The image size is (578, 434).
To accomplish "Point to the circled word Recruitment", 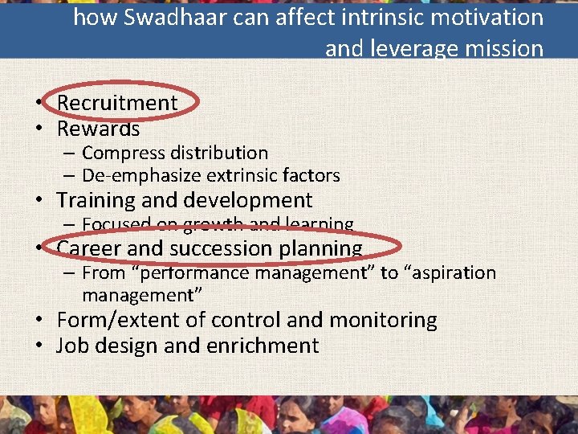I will pos(117,103).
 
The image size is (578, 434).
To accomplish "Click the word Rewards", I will pos(98,129).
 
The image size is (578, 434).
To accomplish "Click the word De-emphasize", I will pos(141,175).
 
